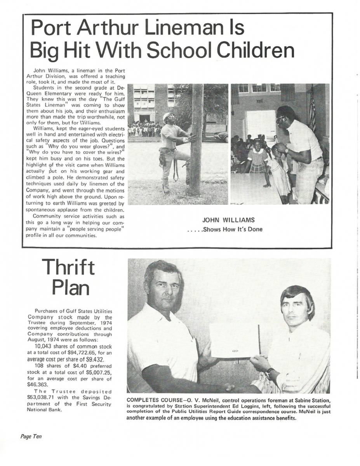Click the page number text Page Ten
31,436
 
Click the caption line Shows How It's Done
225,229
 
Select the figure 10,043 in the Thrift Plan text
45,346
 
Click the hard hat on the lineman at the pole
169,116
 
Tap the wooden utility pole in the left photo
197,140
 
